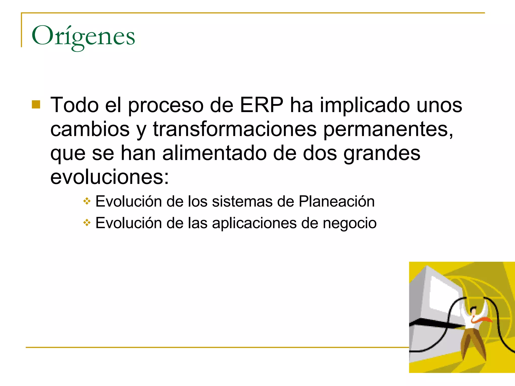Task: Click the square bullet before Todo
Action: tap(36, 105)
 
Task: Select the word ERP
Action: tap(261, 105)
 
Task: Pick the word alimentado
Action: tap(214, 153)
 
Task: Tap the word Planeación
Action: tap(336, 202)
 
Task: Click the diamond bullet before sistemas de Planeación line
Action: tap(87, 201)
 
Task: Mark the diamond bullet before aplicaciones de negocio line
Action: tap(87, 223)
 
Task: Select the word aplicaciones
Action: tap(254, 223)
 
